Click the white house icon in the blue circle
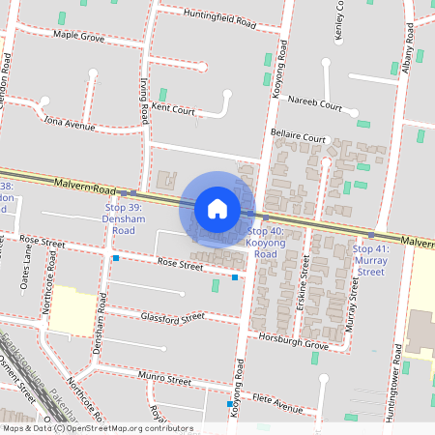coord(217,209)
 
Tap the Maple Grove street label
coord(79,36)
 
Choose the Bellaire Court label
coord(298,138)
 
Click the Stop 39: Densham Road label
coord(123,218)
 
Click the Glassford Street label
coord(172,317)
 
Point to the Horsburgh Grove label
coord(295,341)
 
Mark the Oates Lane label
coord(29,270)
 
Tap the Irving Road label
coord(145,101)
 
